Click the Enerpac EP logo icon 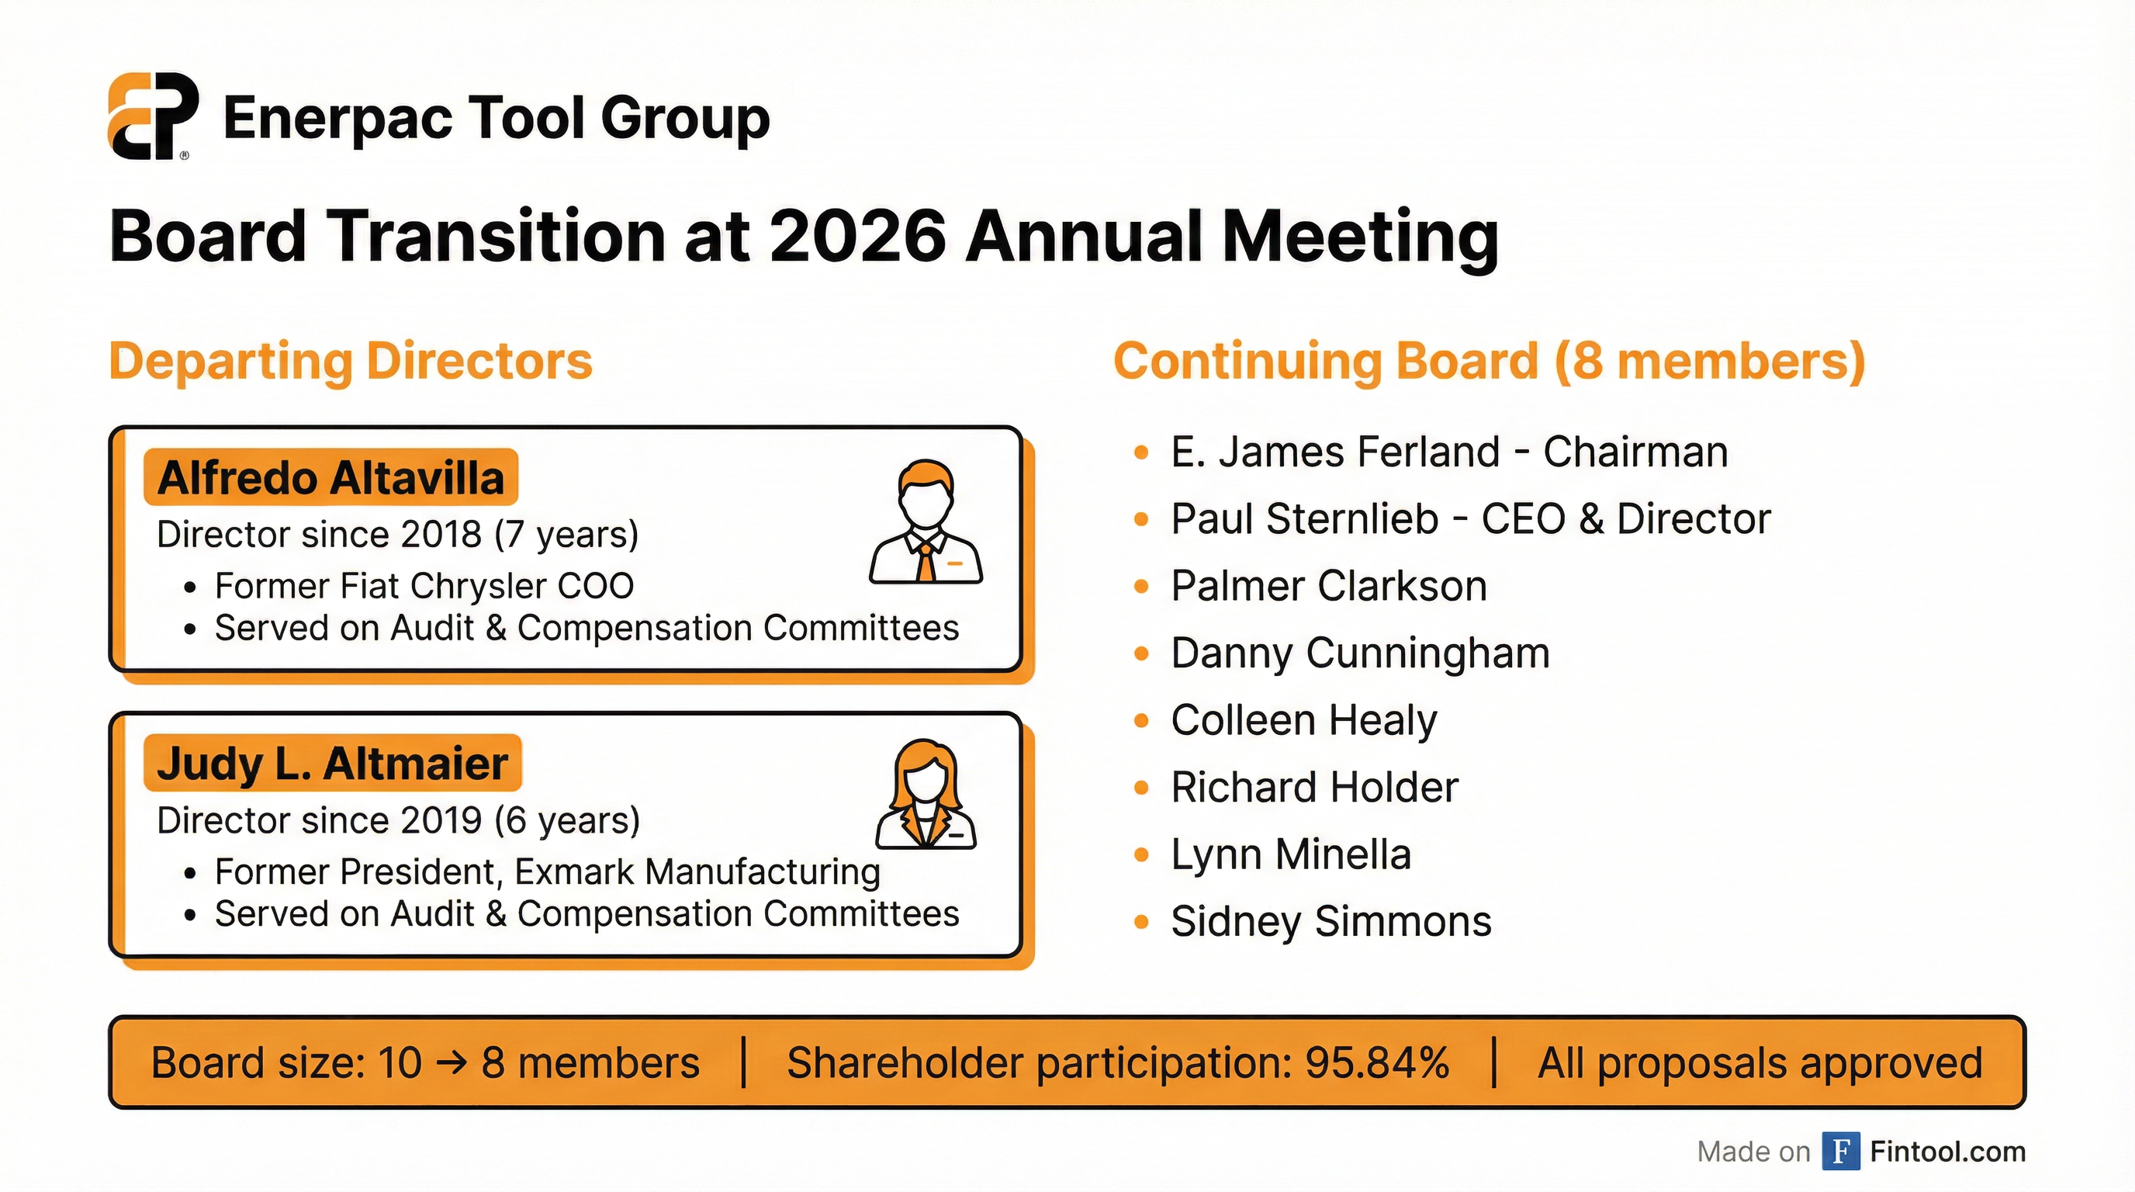pos(153,116)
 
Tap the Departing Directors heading pos(351,362)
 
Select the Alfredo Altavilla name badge pos(330,478)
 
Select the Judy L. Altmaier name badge pos(332,764)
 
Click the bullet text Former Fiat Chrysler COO pos(424,586)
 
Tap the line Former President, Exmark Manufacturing pos(547,872)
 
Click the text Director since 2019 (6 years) pos(398,820)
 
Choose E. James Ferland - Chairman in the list pos(1448,452)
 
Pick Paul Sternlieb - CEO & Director pos(1470,520)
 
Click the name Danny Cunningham pos(1360,653)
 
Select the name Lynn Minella pos(1290,854)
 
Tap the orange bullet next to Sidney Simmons pos(1141,922)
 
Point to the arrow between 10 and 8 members pos(451,1063)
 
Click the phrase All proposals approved pos(1760,1063)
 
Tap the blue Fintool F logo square pos(1841,1152)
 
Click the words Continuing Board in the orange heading pos(1325,362)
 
